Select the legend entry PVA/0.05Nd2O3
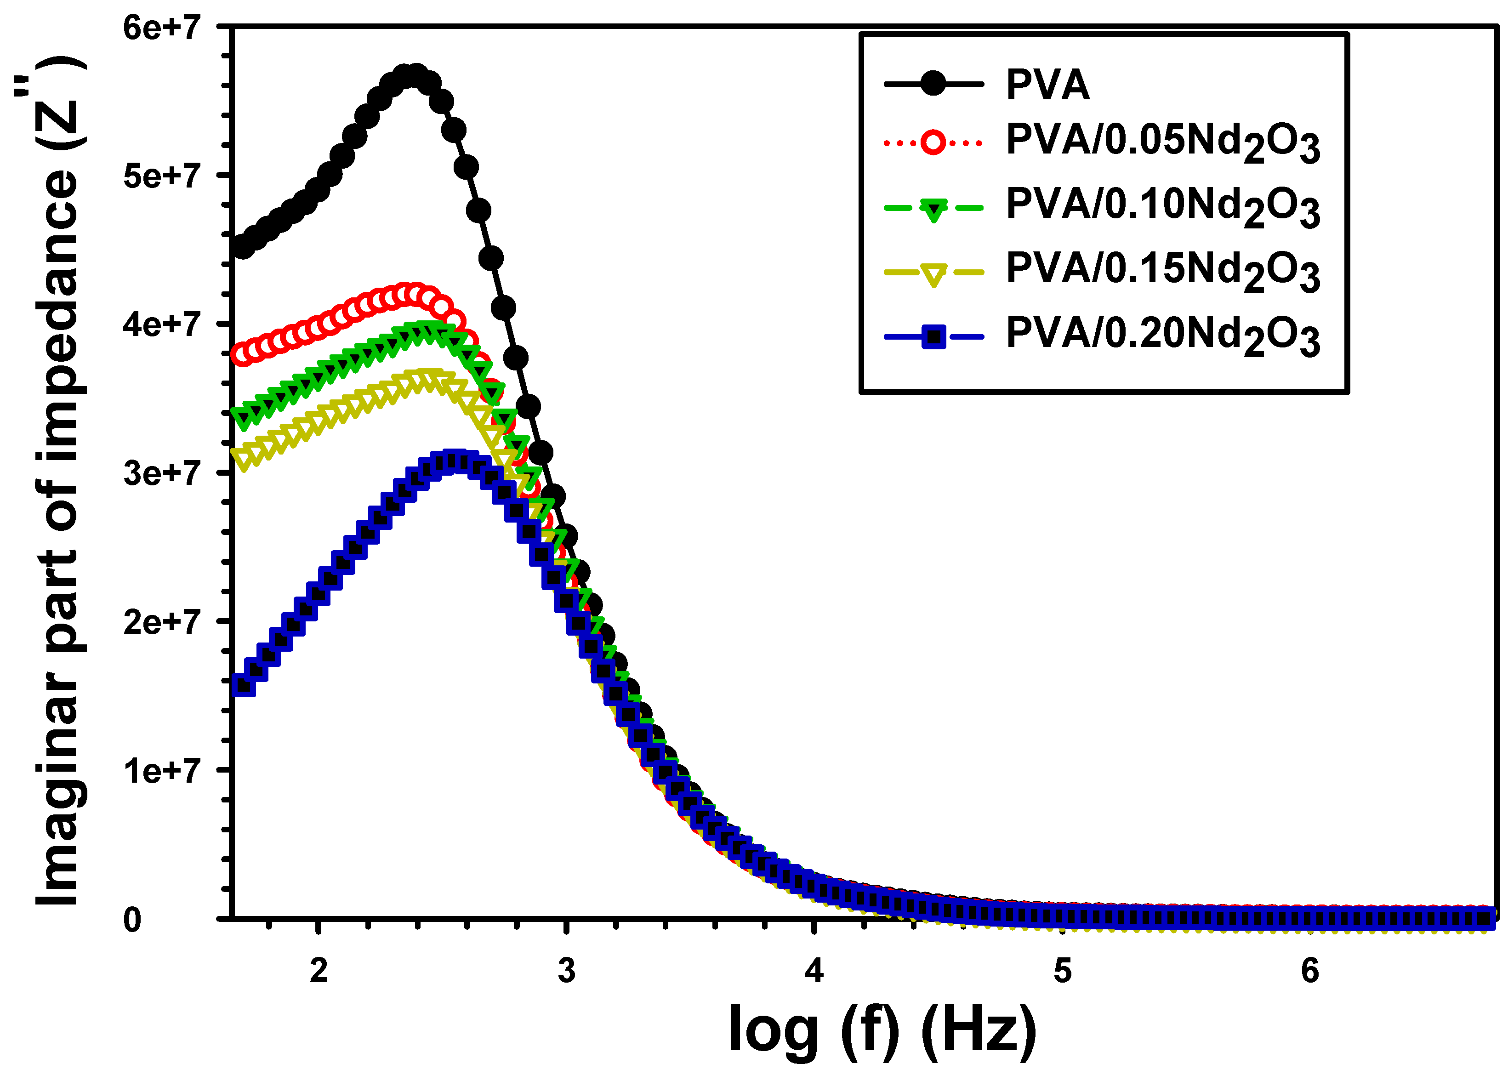(x=1162, y=142)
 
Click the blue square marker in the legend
(x=933, y=337)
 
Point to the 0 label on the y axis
(x=132, y=920)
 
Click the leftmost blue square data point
(x=244, y=685)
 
